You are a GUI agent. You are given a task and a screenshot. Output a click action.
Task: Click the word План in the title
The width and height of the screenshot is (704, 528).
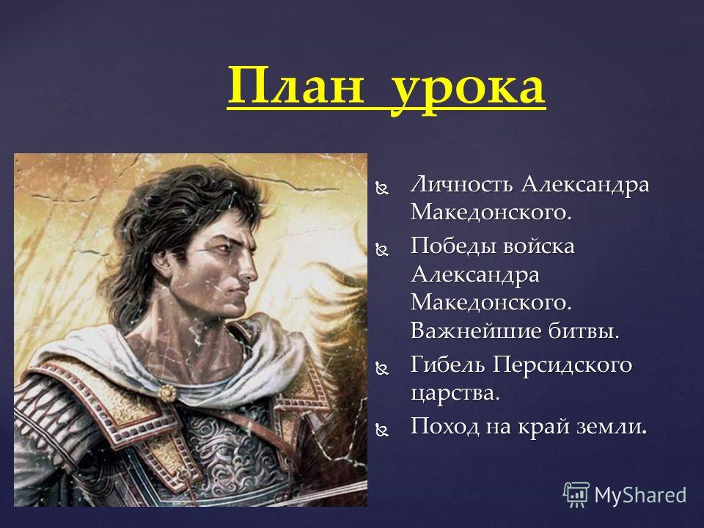tap(295, 85)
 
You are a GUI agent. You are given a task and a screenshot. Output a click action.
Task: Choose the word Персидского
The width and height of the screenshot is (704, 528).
tap(562, 365)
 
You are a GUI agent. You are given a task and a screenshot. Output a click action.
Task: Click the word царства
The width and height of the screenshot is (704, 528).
tap(455, 394)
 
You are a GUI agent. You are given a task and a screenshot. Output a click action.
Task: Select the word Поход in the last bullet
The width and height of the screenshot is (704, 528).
tap(444, 426)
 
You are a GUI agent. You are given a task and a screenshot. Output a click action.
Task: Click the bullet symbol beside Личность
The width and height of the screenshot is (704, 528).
tap(382, 189)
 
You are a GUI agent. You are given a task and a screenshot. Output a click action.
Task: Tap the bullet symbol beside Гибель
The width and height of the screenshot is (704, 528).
tap(382, 369)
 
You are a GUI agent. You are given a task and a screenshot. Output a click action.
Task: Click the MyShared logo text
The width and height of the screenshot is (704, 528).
tap(640, 495)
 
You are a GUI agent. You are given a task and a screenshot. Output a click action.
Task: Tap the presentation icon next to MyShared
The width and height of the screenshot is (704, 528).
tap(576, 495)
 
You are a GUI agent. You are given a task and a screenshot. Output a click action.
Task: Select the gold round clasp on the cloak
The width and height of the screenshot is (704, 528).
tap(167, 393)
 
